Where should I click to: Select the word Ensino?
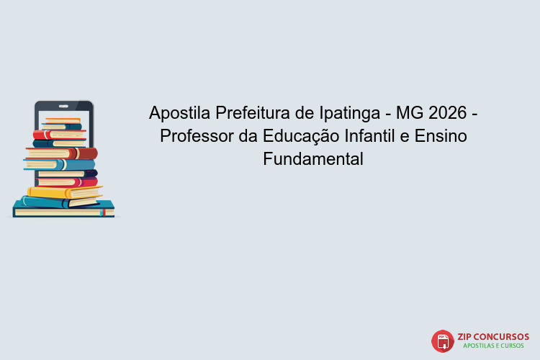(x=441, y=136)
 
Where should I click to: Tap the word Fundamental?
(x=313, y=159)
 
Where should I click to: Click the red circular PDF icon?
(x=442, y=341)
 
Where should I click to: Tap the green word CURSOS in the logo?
(x=516, y=346)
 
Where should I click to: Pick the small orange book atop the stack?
(x=63, y=120)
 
